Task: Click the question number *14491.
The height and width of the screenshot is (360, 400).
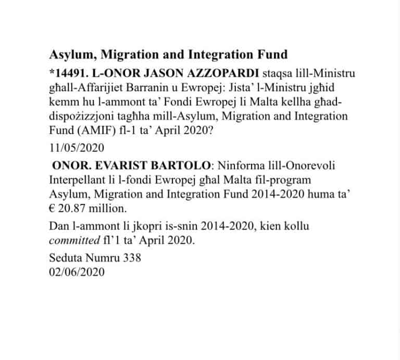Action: click(x=68, y=72)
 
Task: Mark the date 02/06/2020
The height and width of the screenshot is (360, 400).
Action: click(x=77, y=272)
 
